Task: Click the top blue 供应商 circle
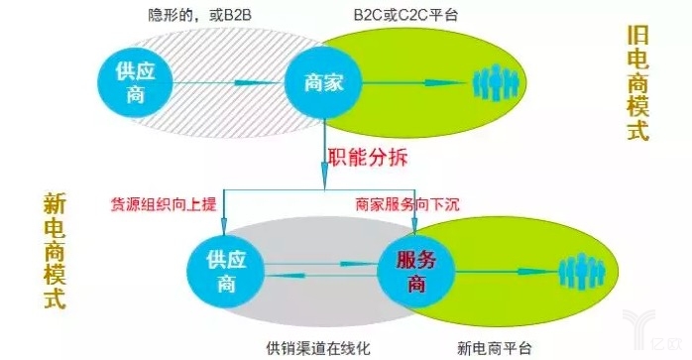pyautogui.click(x=135, y=82)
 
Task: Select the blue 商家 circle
pyautogui.click(x=323, y=82)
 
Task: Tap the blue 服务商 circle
pyautogui.click(x=416, y=271)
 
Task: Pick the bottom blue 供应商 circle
pyautogui.click(x=226, y=271)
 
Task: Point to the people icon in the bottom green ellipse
pyautogui.click(x=582, y=271)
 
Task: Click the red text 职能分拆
pyautogui.click(x=367, y=157)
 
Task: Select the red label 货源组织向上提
pyautogui.click(x=164, y=204)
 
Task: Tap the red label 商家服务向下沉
pyautogui.click(x=406, y=204)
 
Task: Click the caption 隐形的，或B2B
pyautogui.click(x=199, y=15)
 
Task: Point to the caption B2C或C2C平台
pyautogui.click(x=406, y=15)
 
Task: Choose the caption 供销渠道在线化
pyautogui.click(x=318, y=348)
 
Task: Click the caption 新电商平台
pyautogui.click(x=495, y=348)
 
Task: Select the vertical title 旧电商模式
pyautogui.click(x=638, y=82)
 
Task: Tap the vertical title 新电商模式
pyautogui.click(x=56, y=251)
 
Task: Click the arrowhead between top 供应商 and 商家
pyautogui.click(x=250, y=82)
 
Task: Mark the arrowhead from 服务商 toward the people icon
pyautogui.click(x=536, y=271)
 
